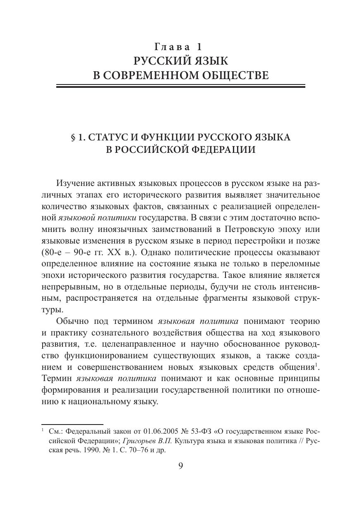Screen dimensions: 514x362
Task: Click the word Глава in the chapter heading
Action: coord(169,46)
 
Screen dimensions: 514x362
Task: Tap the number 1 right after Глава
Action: coord(199,46)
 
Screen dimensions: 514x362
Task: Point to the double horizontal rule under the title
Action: coord(181,86)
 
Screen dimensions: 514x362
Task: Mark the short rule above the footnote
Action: coord(72,425)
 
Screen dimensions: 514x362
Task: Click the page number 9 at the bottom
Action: coord(181,466)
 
